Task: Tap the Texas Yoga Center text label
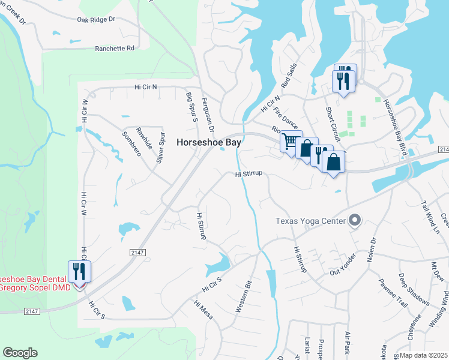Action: [x=310, y=220]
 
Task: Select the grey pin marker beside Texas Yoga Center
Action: [x=354, y=220]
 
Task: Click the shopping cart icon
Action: [x=291, y=142]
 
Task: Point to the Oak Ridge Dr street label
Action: [x=96, y=20]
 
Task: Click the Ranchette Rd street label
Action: [x=114, y=48]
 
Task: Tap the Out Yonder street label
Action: [x=343, y=265]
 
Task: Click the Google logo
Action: [x=20, y=353]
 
